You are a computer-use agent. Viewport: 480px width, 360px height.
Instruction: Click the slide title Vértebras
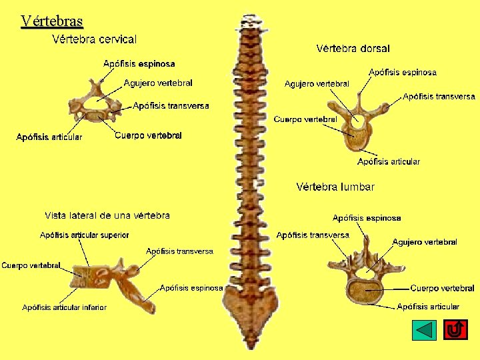pos(51,21)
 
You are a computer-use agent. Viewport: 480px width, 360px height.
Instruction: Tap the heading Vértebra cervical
pos(94,39)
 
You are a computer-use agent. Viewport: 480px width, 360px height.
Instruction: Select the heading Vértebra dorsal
pos(353,48)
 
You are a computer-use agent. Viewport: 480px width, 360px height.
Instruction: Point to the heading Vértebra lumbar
pos(335,187)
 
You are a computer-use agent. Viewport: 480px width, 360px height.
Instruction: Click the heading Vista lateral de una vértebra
pos(107,215)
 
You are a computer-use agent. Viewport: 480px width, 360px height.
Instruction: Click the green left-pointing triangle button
pos(424,330)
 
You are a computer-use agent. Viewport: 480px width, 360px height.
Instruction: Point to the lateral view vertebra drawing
pos(113,283)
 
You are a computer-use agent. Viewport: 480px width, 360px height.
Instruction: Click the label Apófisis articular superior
pos(85,235)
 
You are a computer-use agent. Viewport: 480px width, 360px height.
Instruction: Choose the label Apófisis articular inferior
pos(64,307)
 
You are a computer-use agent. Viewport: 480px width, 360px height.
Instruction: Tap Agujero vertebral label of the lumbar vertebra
pos(425,242)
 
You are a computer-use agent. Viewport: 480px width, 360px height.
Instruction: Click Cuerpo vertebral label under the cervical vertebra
pos(148,135)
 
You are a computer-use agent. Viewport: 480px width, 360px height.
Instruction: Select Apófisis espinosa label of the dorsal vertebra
pos(403,72)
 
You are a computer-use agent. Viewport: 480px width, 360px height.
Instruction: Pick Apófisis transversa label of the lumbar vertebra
pos(313,235)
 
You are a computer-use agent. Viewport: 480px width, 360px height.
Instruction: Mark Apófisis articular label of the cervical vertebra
pos(49,137)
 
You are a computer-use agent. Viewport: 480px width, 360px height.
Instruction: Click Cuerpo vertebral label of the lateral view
pos(31,265)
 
